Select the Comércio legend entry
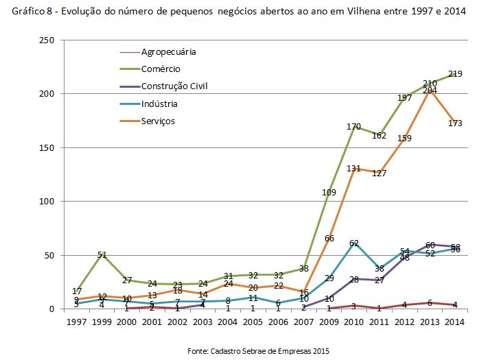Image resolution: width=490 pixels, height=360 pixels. pos(161,69)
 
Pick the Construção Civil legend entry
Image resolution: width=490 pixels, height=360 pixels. pos(174,86)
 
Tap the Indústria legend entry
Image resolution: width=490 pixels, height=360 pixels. pos(159,104)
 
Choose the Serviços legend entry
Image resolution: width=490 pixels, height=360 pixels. pos(159,121)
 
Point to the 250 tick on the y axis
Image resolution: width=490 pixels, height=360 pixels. pos(47,40)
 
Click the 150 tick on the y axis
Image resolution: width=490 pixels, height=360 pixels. pos(47,147)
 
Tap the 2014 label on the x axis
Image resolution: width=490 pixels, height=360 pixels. pos(454,322)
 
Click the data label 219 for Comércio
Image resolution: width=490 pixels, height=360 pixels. pos(454,73)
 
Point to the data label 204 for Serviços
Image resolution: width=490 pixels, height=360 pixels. pos(430,91)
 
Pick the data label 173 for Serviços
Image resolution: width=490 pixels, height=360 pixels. pos(454,123)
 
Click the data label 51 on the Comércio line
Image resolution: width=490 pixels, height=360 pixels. pos(102,255)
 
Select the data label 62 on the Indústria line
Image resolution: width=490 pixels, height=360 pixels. pos(354,243)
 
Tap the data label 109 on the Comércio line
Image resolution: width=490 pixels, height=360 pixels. pos(329,193)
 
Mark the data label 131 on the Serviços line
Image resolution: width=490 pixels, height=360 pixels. pos(354,169)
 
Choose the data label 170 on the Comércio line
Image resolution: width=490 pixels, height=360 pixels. pos(354,126)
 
